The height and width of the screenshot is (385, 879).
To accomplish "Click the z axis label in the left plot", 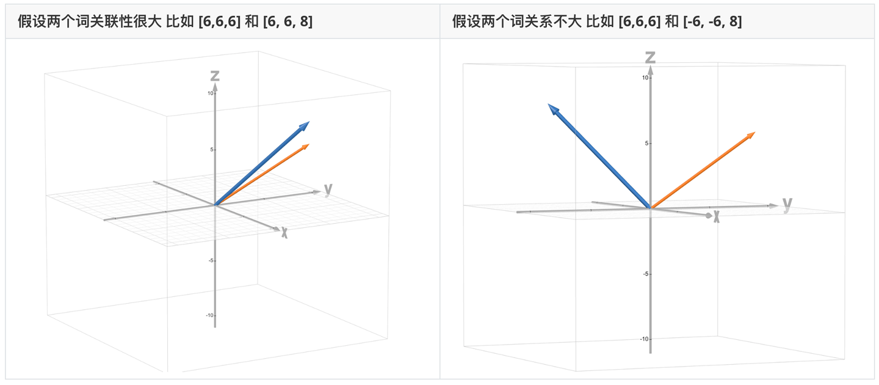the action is click(215, 75).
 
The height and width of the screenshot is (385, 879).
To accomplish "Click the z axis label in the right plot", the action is click(650, 57).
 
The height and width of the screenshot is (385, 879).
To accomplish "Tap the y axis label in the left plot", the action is click(328, 189).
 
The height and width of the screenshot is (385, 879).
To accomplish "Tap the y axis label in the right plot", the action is click(787, 204).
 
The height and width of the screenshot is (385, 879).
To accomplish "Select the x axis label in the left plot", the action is click(284, 233).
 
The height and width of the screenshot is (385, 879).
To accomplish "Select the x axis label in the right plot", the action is click(716, 216).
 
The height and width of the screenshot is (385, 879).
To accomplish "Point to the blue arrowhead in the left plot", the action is click(305, 126).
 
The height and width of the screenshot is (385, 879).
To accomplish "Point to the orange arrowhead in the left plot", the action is click(305, 147).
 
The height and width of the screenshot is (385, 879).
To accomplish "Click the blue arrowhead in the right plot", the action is click(553, 109).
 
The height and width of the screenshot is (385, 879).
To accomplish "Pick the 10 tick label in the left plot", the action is click(211, 93).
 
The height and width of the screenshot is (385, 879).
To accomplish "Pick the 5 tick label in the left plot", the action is click(211, 150).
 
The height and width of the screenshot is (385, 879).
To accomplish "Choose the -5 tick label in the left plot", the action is click(211, 260).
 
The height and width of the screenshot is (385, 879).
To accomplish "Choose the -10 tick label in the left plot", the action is click(209, 315).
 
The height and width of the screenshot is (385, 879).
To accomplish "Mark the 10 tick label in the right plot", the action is click(645, 78).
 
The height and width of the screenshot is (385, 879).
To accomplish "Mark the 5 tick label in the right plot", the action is click(646, 144).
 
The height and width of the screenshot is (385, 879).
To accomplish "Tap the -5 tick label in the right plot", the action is click(646, 274).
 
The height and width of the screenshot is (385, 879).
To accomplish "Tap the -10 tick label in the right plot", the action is click(645, 339).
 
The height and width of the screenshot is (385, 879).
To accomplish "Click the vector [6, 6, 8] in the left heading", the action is click(288, 21).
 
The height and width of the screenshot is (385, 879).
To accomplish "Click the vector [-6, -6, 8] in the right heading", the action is click(712, 21).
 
